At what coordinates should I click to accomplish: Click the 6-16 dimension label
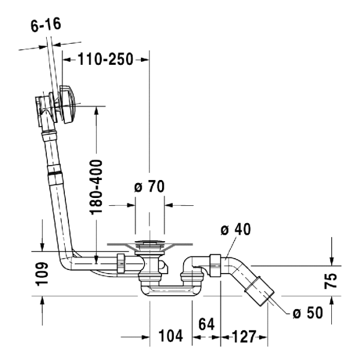coord(46,25)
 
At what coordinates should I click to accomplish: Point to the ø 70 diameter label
coord(149,187)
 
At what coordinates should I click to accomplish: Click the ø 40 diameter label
coord(235,229)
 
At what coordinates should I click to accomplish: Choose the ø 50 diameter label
coord(307,312)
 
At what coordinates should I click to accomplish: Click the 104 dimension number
coord(170,336)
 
